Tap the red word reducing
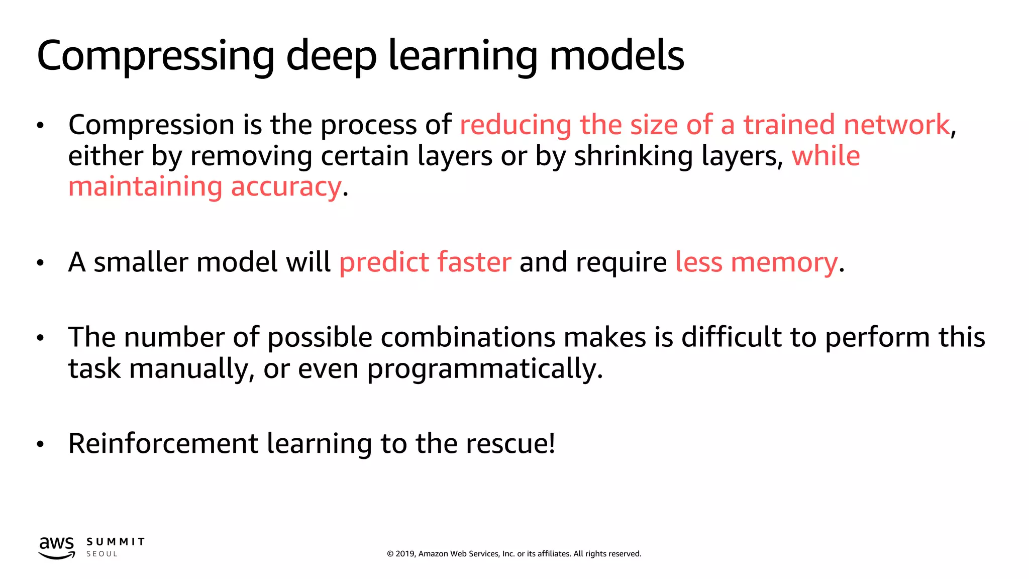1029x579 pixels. point(515,125)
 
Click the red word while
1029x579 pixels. point(826,156)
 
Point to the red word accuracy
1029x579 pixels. point(286,187)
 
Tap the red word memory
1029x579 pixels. point(784,263)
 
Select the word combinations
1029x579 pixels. point(467,337)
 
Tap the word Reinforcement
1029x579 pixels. point(163,444)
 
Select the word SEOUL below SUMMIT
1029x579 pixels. point(102,554)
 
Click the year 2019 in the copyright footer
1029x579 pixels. point(405,554)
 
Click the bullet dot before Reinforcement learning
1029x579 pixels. point(41,444)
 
